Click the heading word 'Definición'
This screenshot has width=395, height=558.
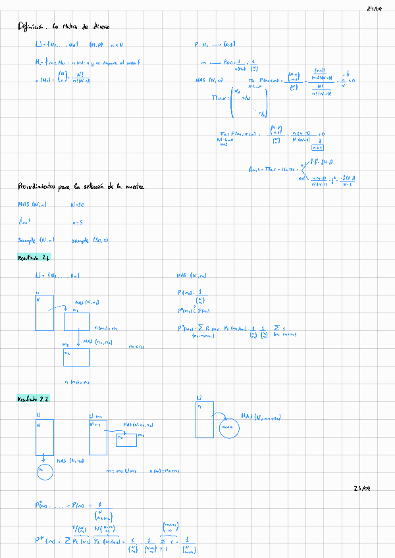point(32,27)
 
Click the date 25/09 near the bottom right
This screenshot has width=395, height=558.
point(363,489)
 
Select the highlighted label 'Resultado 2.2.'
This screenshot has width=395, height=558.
point(36,399)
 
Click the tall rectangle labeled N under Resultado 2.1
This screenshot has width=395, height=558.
point(44,313)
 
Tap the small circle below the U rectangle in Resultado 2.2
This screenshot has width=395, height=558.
point(43,470)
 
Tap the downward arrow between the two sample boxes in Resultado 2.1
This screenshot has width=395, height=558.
point(78,340)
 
